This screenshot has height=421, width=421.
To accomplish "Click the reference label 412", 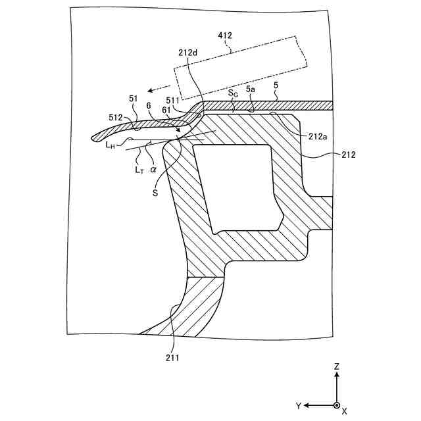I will tap(224, 36).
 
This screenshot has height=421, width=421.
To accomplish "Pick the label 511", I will tap(173, 101).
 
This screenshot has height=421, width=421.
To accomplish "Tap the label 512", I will tap(116, 117).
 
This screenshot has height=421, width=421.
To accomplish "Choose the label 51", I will tap(134, 98).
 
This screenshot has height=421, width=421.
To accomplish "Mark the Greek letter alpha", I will tap(153, 169).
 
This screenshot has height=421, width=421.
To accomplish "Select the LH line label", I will tap(111, 145).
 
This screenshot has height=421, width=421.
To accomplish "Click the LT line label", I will tap(139, 170).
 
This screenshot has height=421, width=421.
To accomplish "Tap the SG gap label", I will tap(233, 93).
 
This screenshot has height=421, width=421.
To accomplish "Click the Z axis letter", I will tap(336, 366).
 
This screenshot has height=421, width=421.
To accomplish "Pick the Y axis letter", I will tap(298, 405).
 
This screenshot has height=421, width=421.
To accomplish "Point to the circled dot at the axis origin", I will tap(336, 405).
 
